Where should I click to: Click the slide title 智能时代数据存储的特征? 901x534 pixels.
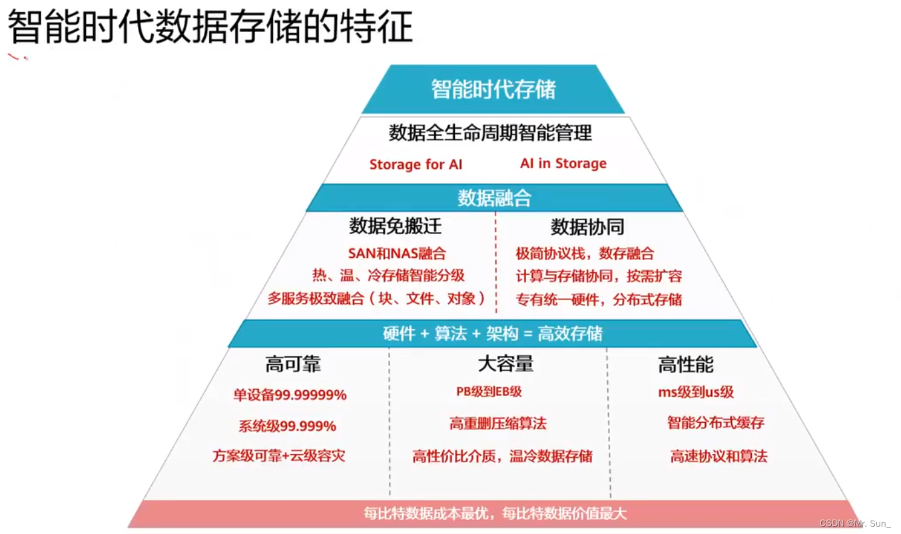[x=210, y=27]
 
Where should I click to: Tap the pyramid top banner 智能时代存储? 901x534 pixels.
[x=493, y=89]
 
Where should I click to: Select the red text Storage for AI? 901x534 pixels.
[x=416, y=165]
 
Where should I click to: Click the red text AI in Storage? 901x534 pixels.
[x=563, y=163]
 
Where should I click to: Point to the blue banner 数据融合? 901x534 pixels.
[x=494, y=198]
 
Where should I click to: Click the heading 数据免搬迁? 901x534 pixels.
[x=395, y=226]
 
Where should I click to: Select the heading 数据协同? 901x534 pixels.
[x=587, y=227]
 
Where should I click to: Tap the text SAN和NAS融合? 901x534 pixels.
[x=397, y=253]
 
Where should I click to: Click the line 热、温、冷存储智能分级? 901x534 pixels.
[x=388, y=275]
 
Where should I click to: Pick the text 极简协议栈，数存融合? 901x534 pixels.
[x=585, y=253]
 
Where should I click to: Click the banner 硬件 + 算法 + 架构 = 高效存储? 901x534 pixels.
[x=493, y=333]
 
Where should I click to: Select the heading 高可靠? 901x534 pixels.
[x=293, y=365]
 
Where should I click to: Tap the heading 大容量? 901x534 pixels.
[x=505, y=363]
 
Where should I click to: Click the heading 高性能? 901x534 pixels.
[x=685, y=365]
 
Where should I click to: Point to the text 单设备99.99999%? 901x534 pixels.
[x=290, y=395]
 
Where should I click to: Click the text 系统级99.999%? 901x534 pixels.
[x=287, y=426]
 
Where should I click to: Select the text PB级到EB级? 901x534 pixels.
[x=489, y=392]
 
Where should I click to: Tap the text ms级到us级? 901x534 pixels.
[x=696, y=392]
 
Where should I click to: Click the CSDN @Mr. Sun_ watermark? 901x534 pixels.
[x=856, y=523]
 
